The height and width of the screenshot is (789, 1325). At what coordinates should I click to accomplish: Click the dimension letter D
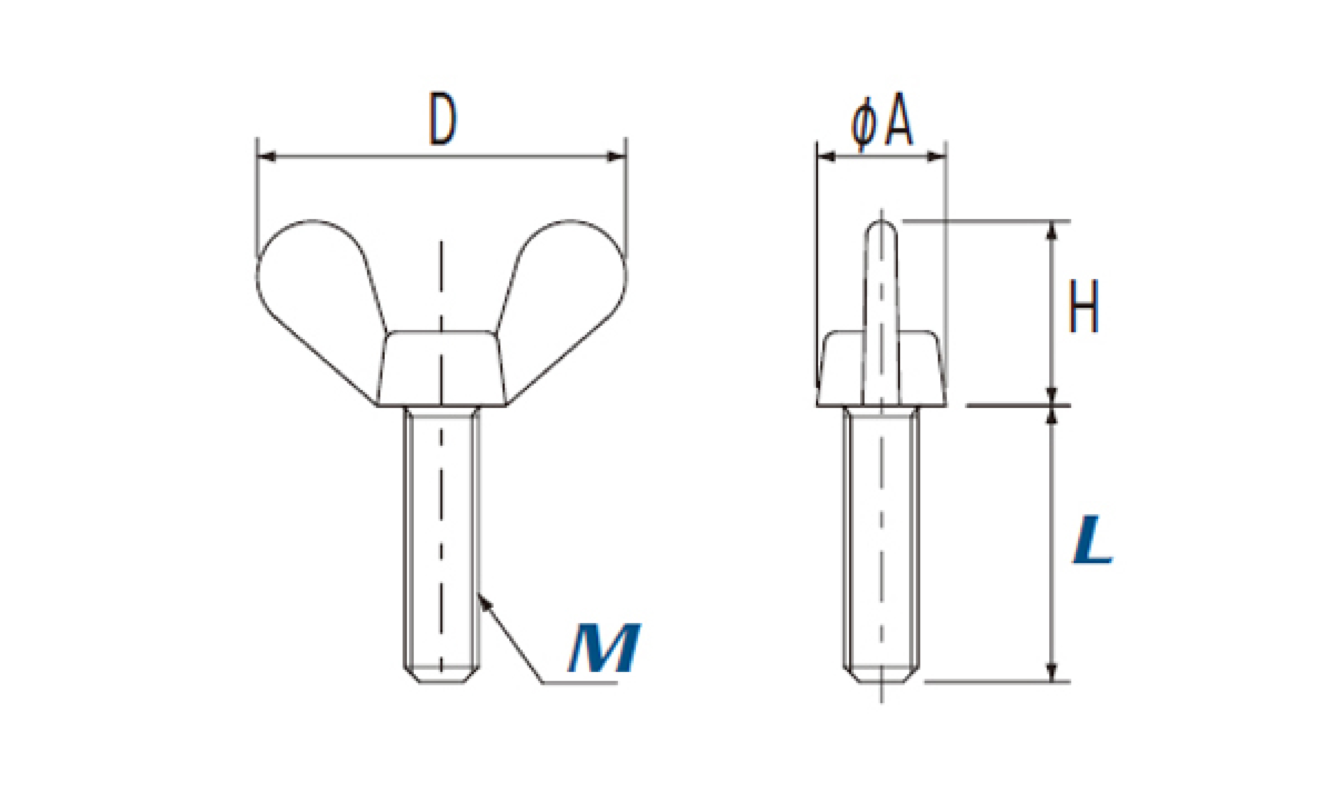coord(443,119)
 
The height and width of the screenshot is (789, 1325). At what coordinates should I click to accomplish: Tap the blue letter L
coord(1092,539)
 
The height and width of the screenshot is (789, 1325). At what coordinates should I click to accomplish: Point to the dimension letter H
coord(1083,306)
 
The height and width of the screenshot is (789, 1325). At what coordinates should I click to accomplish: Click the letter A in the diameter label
coord(899,120)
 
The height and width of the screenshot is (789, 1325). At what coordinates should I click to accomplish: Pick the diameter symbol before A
coord(863,125)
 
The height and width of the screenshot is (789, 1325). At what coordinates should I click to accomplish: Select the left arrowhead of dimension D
coord(266,156)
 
